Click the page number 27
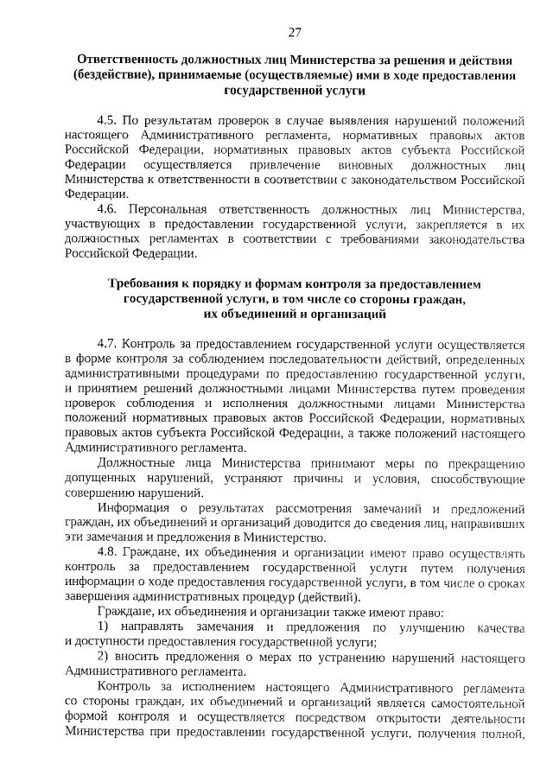294,33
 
